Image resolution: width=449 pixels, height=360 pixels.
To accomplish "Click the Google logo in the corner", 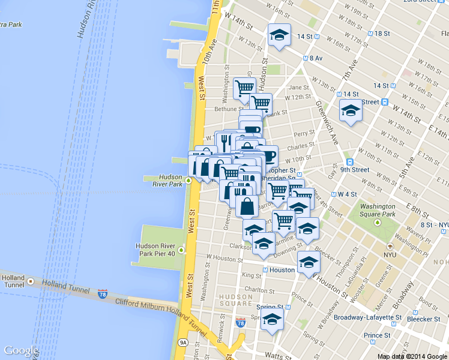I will pos(22,350).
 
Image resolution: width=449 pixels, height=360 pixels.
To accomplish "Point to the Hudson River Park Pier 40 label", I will pos(155,250).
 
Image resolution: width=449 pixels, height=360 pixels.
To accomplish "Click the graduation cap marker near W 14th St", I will pos(279,34).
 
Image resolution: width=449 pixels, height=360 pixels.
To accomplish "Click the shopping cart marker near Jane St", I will pos(244,88).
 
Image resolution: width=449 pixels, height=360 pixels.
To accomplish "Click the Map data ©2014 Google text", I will pos(413,356).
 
